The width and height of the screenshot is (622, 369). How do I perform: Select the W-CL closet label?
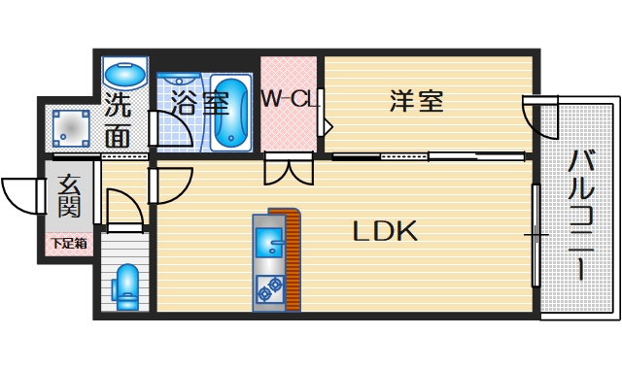289,100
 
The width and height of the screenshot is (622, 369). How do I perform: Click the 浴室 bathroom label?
199,103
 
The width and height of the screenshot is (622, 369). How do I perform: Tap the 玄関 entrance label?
68,196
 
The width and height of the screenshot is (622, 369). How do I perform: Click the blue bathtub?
231,112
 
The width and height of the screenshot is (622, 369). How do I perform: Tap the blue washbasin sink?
124,74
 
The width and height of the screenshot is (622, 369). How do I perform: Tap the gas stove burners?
268,288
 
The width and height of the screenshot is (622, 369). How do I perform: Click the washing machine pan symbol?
71,127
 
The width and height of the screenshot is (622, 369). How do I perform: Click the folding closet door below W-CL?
289,169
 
